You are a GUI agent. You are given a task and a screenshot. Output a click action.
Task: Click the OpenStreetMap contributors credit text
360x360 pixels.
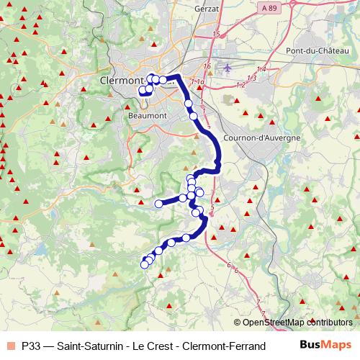tap(293, 323)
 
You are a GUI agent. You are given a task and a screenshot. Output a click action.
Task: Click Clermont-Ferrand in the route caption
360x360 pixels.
tap(220, 346)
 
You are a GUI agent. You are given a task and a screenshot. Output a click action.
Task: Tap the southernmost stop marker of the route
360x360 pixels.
tap(144, 264)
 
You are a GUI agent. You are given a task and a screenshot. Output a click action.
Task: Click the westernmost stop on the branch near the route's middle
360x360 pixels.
tap(159, 204)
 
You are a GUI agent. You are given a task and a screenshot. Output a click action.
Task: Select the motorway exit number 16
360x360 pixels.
tap(207, 66)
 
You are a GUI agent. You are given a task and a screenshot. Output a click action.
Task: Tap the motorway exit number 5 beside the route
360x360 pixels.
tap(213, 208)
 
